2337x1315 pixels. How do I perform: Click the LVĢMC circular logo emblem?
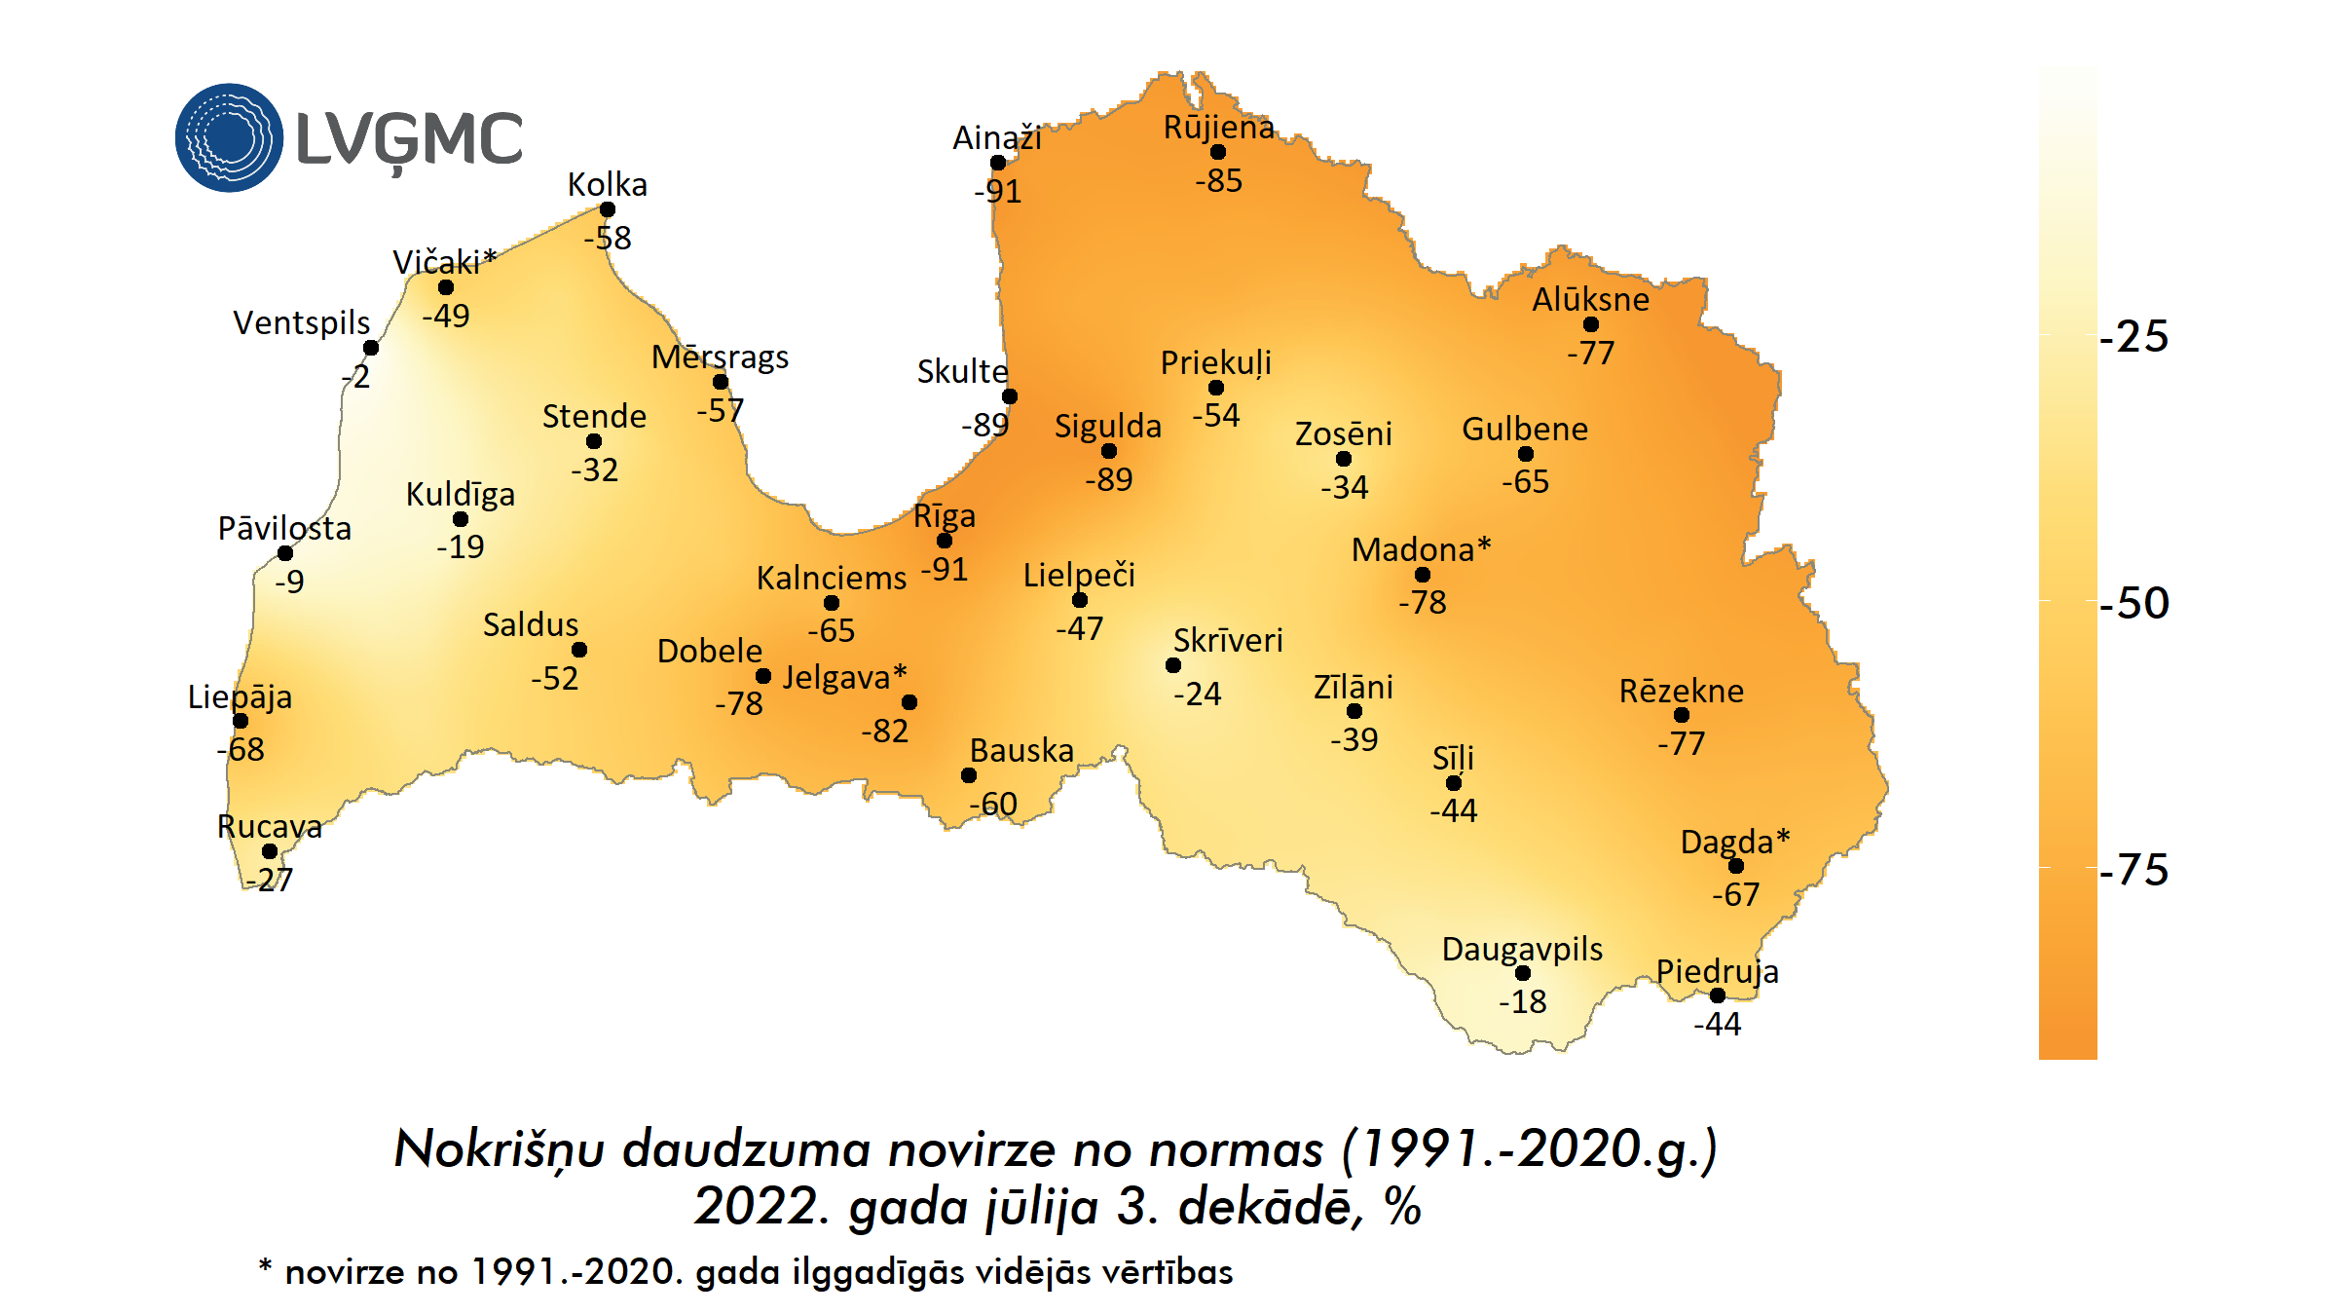(x=229, y=137)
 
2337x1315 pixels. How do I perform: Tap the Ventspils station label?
(x=301, y=323)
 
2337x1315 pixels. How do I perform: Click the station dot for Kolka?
(x=608, y=209)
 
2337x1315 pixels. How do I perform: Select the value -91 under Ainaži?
(x=998, y=191)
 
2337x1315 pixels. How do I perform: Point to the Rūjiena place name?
(x=1218, y=128)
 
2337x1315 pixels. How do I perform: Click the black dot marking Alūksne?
(x=1591, y=324)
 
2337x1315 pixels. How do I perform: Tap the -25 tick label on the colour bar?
(x=2134, y=337)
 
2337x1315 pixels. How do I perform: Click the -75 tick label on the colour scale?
(x=2134, y=870)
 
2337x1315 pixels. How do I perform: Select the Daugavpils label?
(x=1522, y=949)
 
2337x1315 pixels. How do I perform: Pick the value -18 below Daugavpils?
(x=1523, y=1001)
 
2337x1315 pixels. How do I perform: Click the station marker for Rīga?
(x=945, y=541)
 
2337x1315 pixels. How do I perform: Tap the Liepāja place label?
(x=240, y=697)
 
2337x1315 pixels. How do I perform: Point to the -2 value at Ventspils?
(x=357, y=377)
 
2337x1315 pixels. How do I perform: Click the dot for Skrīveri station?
(x=1173, y=665)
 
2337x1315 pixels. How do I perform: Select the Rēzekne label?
(x=1682, y=692)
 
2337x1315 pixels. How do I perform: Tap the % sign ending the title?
(x=1403, y=1208)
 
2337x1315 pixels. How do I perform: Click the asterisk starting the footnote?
(x=265, y=1266)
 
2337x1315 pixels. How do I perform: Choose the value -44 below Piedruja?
(x=1718, y=1024)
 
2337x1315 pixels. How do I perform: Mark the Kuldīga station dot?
(x=461, y=519)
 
